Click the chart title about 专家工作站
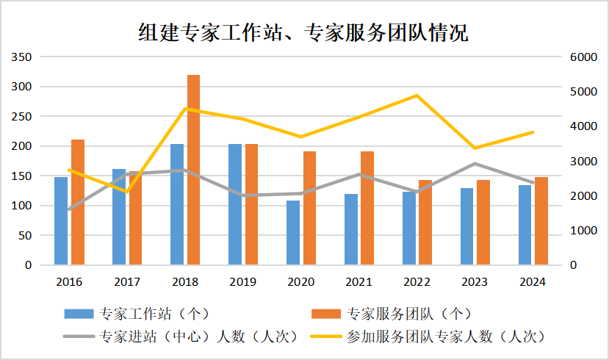coord(303,33)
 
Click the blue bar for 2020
coord(293,232)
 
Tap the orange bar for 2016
coord(78,202)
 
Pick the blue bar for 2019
coord(235,204)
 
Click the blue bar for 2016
coord(61,220)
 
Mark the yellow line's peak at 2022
coord(417,96)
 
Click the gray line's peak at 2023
coord(475,163)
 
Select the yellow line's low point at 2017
coord(126,192)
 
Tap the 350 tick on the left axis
coord(22,57)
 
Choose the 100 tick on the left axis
coord(22,206)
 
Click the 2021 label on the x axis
coord(358,282)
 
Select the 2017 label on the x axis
coord(127,282)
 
